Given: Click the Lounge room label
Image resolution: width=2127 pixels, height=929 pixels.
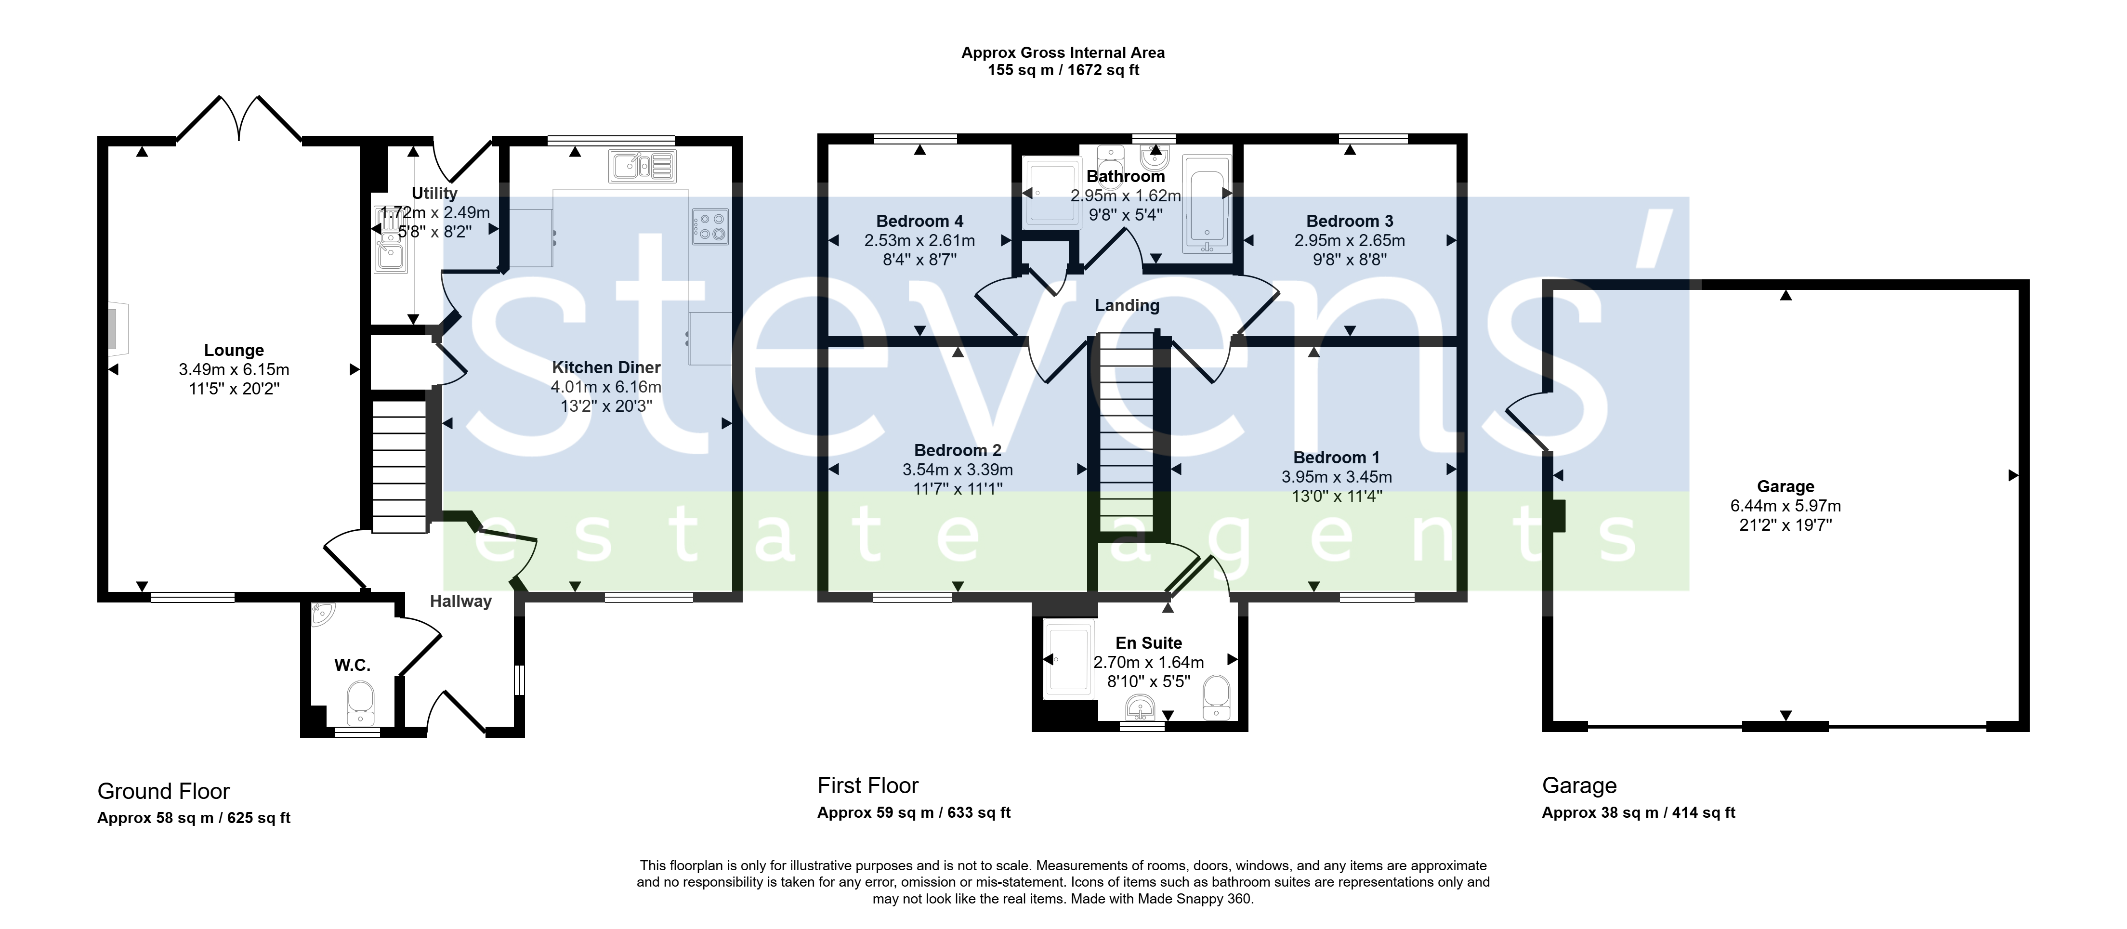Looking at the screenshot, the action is click(x=234, y=350).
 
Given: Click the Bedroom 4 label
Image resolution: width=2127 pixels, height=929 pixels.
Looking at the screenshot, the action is click(x=919, y=222).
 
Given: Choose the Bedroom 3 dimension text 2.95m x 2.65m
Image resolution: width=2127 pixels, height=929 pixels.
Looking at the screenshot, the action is click(x=1349, y=240).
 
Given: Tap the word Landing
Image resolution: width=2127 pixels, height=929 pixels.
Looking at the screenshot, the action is click(x=1127, y=305).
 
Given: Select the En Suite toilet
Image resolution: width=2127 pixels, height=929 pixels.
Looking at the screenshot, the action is click(x=1216, y=698).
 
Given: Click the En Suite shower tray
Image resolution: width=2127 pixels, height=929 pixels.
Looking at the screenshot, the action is click(x=1070, y=659).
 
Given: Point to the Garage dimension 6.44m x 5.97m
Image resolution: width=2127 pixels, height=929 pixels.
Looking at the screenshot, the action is click(x=1785, y=505).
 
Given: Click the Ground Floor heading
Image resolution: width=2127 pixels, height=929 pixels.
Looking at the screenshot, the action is click(x=163, y=791).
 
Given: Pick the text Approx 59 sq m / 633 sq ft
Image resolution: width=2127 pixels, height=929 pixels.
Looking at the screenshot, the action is click(x=914, y=812).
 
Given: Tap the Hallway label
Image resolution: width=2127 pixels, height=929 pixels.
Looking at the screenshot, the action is click(x=461, y=601).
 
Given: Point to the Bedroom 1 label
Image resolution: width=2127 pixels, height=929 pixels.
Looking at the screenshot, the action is click(x=1336, y=458).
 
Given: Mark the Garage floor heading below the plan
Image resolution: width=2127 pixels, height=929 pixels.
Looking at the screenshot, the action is click(x=1579, y=786).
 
